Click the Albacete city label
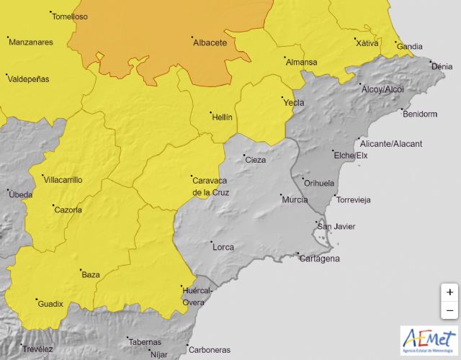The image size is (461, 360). tap(210, 43)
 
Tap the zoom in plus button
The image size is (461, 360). tap(449, 292)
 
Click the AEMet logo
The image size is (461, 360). tap(428, 341)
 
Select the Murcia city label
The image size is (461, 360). tap(295, 199)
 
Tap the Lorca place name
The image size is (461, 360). tap(223, 247)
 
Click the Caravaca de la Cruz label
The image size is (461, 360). tap(212, 186)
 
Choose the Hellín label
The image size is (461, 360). tap(221, 116)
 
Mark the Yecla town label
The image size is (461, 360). tap(293, 102)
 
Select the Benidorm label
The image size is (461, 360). tap(420, 114)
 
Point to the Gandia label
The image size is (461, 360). tap(410, 47)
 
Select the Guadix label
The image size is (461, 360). tap(50, 304)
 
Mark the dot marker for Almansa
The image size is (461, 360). tap(285, 57)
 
